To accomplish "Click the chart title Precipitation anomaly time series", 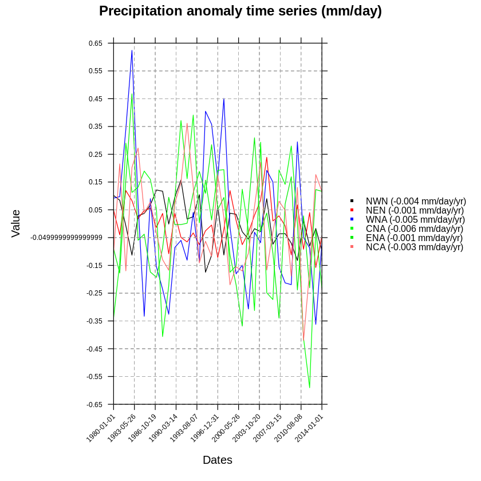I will pyautogui.click(x=240, y=11).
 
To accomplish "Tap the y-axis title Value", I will pyautogui.click(x=16, y=223).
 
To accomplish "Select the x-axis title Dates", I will pyautogui.click(x=218, y=460).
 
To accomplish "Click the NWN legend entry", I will pyautogui.click(x=416, y=201).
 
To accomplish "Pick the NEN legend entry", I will pyautogui.click(x=415, y=210).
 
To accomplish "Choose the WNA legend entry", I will pyautogui.click(x=415, y=219).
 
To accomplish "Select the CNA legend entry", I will pyautogui.click(x=415, y=228).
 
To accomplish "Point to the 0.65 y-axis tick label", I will pyautogui.click(x=96, y=44).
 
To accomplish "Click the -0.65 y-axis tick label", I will pyautogui.click(x=94, y=405).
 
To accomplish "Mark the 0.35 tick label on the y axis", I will pyautogui.click(x=96, y=127).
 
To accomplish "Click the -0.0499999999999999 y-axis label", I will pyautogui.click(x=66, y=238).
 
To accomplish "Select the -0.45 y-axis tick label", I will pyautogui.click(x=94, y=349).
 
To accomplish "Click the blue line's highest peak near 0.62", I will pyautogui.click(x=132, y=50).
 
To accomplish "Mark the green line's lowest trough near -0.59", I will pyautogui.click(x=310, y=388).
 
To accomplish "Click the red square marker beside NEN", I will pyautogui.click(x=352, y=210).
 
